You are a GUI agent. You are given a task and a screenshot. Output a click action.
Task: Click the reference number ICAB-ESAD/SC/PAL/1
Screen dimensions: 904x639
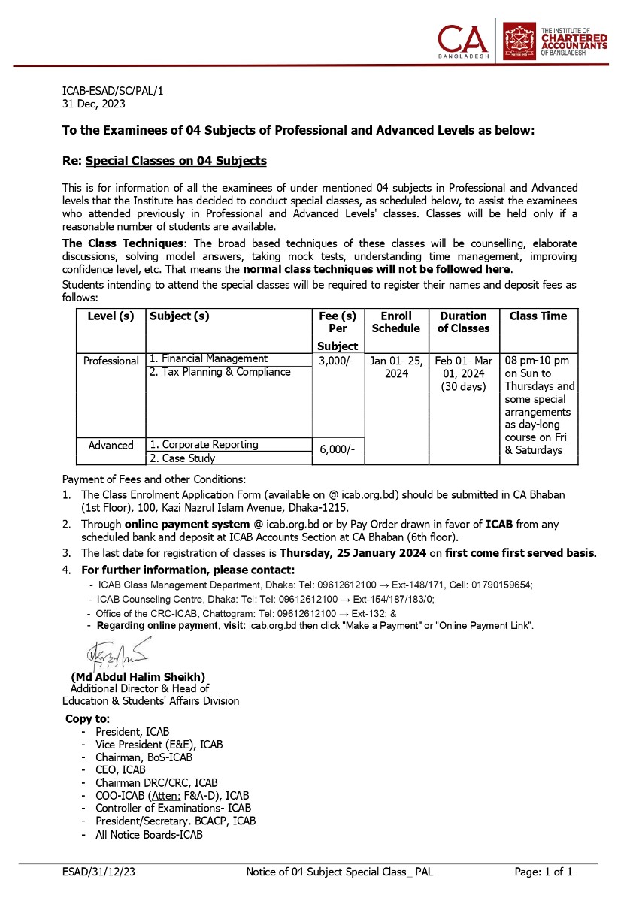pos(112,92)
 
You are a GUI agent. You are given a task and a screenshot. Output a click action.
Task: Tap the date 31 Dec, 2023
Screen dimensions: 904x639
pos(94,104)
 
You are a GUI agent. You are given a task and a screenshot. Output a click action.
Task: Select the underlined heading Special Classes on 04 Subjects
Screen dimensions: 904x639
pos(176,161)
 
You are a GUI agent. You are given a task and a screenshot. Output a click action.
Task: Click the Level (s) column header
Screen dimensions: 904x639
pos(111,316)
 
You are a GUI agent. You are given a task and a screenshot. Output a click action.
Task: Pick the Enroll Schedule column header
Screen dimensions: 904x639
pos(395,322)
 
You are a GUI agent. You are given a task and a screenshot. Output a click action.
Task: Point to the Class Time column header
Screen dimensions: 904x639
pos(538,316)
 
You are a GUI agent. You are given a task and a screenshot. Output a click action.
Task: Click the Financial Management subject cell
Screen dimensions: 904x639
pos(208,359)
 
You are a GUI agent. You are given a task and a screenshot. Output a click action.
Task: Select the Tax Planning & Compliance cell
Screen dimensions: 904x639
pos(220,372)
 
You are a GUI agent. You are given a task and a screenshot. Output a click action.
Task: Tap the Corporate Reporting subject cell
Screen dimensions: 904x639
pos(204,445)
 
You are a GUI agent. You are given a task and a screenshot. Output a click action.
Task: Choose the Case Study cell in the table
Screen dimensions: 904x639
pos(182,458)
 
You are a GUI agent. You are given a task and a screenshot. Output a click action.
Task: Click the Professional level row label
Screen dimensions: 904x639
pos(111,361)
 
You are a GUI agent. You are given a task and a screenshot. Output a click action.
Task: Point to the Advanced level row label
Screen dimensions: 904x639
pos(111,446)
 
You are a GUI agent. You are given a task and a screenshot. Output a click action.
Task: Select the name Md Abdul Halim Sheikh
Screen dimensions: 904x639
pos(138,676)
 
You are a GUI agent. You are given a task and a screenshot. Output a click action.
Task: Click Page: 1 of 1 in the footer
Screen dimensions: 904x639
pos(544,872)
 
